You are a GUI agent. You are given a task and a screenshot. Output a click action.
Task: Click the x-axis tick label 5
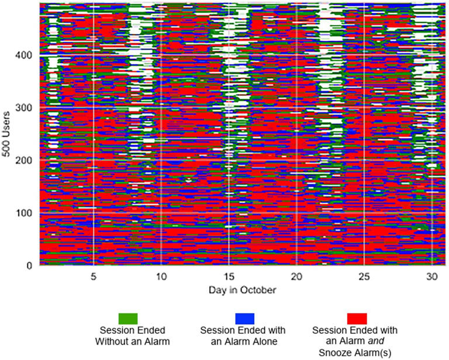(x=93, y=276)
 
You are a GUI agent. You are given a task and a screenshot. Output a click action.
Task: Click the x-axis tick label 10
(x=161, y=276)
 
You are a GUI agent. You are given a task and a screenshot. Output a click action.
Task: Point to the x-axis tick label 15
(x=229, y=276)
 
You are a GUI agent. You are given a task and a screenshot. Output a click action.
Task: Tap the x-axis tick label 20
(x=296, y=276)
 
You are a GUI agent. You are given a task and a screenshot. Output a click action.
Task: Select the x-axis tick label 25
(x=364, y=276)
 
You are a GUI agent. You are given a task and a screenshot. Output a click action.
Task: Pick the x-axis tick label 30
(x=431, y=276)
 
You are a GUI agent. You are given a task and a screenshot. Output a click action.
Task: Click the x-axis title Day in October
(x=241, y=290)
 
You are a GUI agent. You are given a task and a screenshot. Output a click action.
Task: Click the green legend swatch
(x=128, y=318)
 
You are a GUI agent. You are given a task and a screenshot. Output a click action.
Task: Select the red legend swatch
(x=357, y=318)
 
